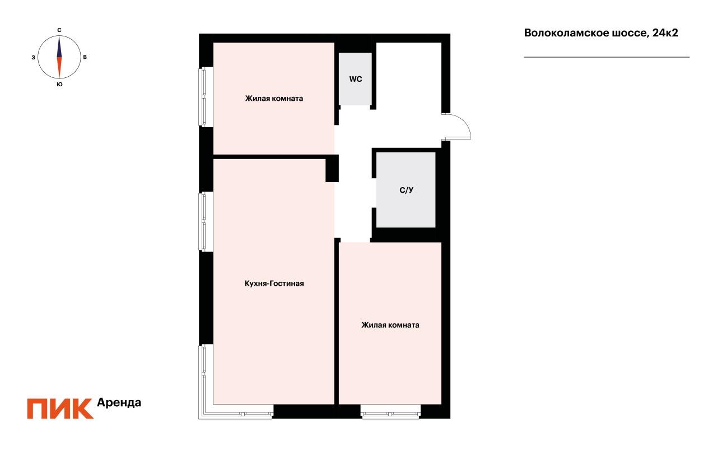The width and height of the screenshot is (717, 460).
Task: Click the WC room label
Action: [x=356, y=79]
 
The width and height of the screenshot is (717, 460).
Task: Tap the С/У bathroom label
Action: [x=406, y=190]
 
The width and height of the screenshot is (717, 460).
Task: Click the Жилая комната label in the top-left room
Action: [x=274, y=99]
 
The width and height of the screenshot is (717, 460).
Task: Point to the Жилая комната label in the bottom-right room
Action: [x=390, y=325]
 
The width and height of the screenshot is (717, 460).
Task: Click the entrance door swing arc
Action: [x=463, y=124]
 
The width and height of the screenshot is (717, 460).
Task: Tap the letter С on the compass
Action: [x=59, y=30]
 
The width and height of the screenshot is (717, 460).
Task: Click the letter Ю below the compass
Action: [x=59, y=85]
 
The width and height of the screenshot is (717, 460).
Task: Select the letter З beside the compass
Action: [x=34, y=57]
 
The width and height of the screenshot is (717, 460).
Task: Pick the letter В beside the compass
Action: [x=85, y=57]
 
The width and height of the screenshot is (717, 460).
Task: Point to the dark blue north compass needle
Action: [x=59, y=47]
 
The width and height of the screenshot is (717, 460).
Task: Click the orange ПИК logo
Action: [x=60, y=408]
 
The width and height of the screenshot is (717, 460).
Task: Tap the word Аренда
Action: [x=119, y=402]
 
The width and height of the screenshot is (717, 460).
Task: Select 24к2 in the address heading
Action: [x=665, y=33]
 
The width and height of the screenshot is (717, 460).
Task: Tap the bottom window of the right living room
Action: [x=390, y=415]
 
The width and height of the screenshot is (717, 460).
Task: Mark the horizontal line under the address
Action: [x=607, y=57]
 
